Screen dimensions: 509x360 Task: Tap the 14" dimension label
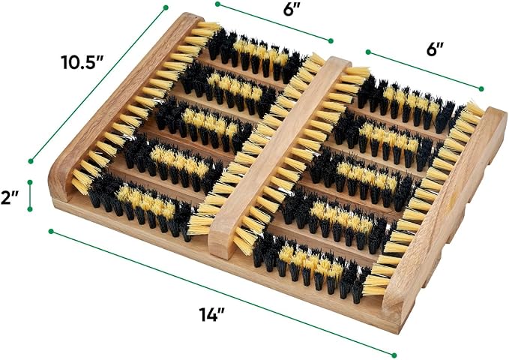tap(212, 313)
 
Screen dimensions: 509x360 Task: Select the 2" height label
tap(9, 197)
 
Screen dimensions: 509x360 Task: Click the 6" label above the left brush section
tap(289, 10)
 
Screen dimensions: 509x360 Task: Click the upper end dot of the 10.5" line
tap(166, 7)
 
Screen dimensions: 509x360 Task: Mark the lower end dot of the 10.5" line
tap(31, 160)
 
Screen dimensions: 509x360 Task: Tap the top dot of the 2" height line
tap(30, 182)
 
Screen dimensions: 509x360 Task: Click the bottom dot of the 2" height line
tap(30, 209)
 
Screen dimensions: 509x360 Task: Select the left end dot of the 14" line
tap(51, 231)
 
